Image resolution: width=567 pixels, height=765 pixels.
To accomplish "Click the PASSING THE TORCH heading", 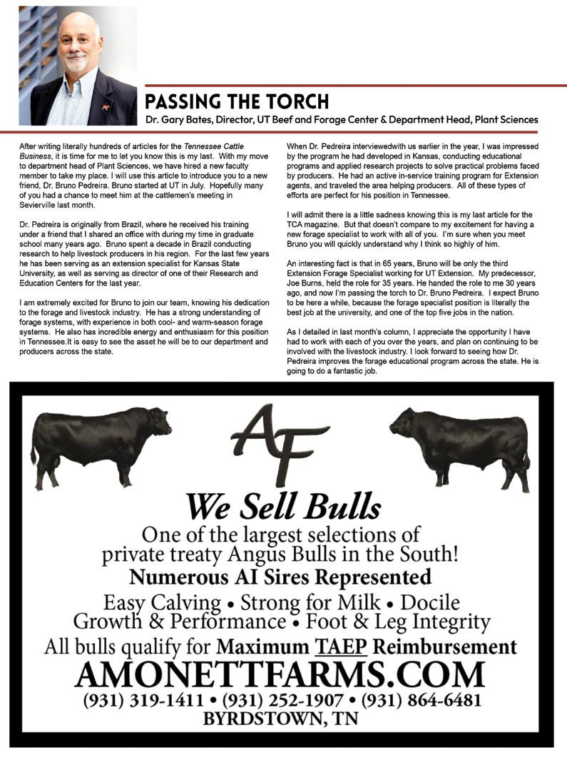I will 237,101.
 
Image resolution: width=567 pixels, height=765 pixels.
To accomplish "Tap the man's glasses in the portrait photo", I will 80,44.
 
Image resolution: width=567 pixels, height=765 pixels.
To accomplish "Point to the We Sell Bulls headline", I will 283,507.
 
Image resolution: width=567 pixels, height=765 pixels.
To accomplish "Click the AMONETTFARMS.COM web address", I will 280,674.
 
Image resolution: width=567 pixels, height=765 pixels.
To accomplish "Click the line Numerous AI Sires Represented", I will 280,576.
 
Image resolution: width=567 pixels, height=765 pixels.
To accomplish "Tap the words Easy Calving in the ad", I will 162,602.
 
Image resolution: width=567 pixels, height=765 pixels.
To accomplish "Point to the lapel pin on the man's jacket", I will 105,107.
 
